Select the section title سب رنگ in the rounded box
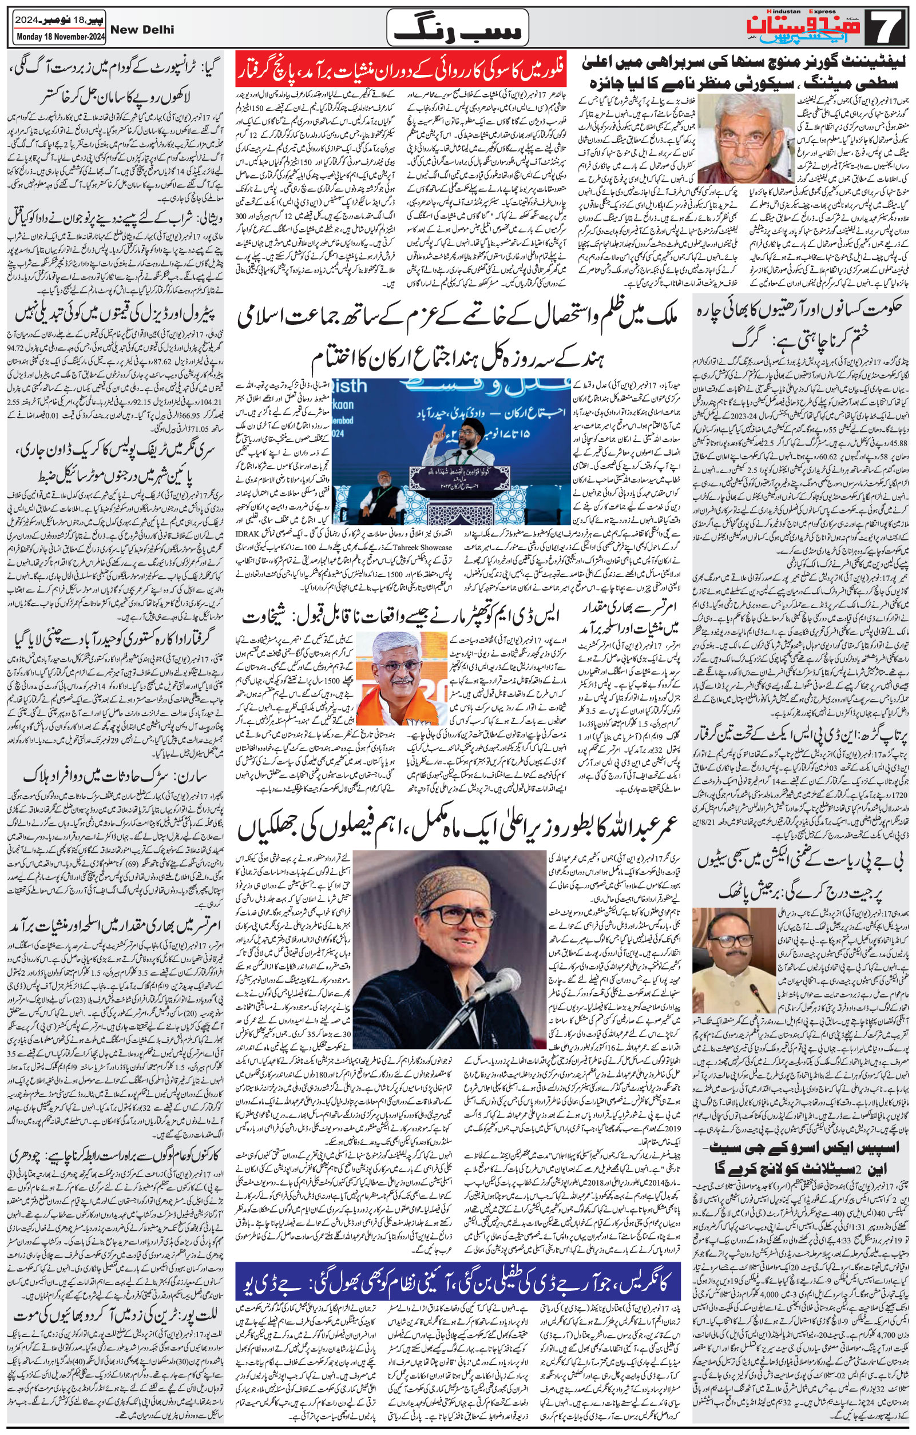(457, 29)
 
